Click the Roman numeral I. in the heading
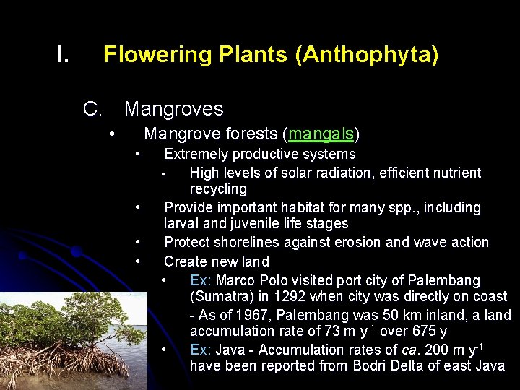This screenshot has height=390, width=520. tap(63, 55)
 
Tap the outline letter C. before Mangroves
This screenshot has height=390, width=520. tap(92, 109)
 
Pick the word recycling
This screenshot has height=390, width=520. tap(218, 189)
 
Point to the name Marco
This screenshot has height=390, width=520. tap(235, 280)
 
